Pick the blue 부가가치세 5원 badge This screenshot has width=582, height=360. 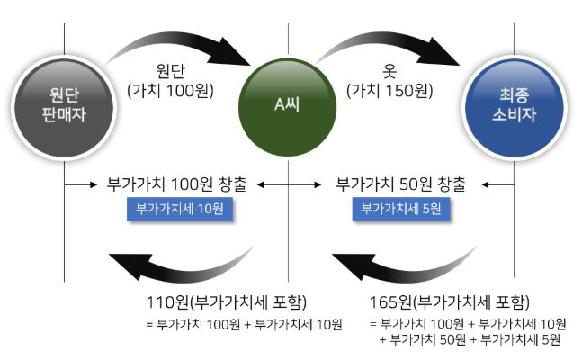[x=402, y=208]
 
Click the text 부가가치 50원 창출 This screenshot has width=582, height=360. [x=401, y=184]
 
